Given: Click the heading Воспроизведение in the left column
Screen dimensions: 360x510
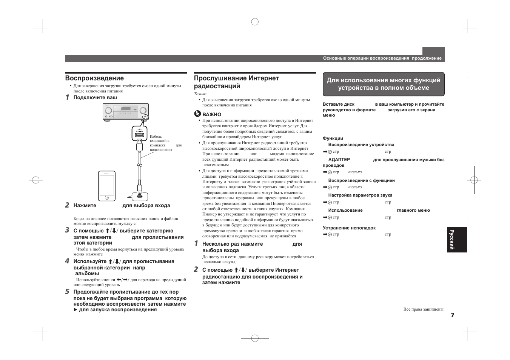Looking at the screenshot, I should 94,78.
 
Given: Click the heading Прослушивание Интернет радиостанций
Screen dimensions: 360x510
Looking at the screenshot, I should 236,82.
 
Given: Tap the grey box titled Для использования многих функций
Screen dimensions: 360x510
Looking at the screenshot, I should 383,84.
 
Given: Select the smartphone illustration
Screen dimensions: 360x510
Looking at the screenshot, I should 107,186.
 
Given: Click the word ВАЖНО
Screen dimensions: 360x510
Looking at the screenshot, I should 212,115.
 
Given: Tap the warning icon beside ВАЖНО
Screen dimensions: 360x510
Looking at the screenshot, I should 197,114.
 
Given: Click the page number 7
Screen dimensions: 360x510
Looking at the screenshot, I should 452,315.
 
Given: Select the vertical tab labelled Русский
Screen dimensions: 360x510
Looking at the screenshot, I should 456,240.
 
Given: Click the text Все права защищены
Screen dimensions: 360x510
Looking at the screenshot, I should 423,309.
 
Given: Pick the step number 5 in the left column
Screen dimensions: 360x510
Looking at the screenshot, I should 67,291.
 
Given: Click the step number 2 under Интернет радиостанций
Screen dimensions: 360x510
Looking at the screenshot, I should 196,269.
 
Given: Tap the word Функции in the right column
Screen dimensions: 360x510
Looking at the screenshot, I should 333,138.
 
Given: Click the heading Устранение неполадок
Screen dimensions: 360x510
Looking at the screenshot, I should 349,228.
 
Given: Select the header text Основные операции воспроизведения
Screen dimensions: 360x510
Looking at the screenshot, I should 366,58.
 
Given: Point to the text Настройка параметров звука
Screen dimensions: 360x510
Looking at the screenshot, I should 360,195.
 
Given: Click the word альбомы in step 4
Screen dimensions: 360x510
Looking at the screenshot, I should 87,274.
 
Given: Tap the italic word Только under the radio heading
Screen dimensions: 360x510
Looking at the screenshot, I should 200,94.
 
